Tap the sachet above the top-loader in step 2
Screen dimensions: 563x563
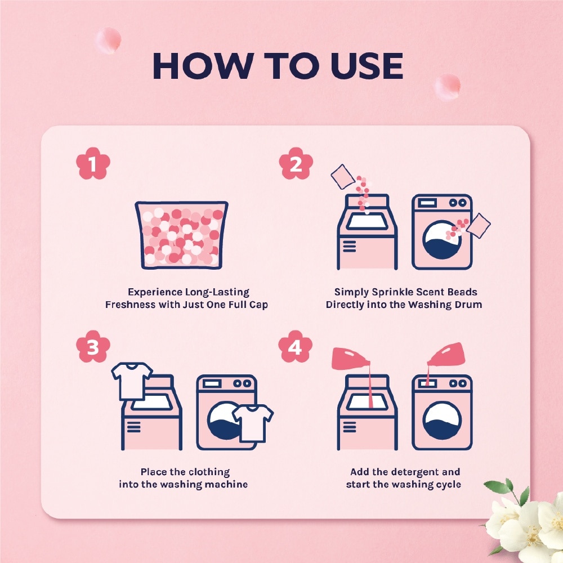pyautogui.click(x=342, y=176)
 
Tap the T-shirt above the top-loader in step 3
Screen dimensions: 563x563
pyautogui.click(x=132, y=378)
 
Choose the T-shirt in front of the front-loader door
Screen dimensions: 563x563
pyautogui.click(x=252, y=422)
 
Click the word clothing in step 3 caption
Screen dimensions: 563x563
pyautogui.click(x=208, y=472)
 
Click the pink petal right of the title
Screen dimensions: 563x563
pyautogui.click(x=448, y=86)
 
